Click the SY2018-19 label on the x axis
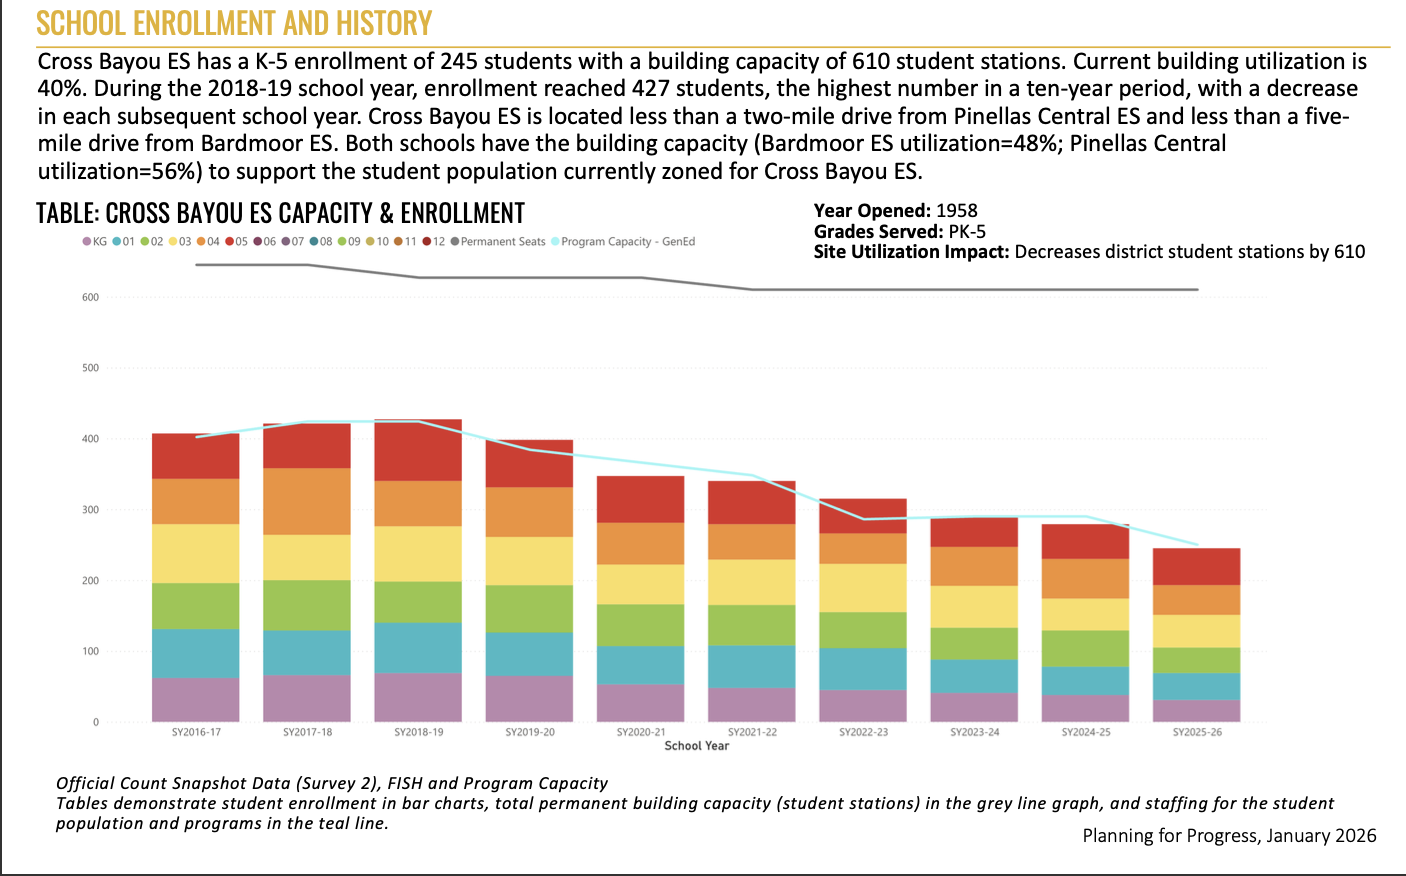(x=418, y=732)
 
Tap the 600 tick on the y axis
(x=91, y=297)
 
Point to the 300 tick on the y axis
(x=91, y=510)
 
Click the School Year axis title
(x=697, y=746)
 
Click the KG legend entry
(x=95, y=242)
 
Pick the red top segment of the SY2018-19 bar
(x=418, y=450)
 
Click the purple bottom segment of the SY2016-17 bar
(x=196, y=699)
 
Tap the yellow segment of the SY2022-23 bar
(x=863, y=587)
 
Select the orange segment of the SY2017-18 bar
(x=307, y=501)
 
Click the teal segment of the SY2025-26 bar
(x=1197, y=686)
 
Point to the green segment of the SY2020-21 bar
(x=641, y=625)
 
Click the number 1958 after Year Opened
(x=956, y=211)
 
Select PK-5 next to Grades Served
(x=967, y=231)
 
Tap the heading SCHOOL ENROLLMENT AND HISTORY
(x=234, y=23)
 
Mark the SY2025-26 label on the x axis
(x=1197, y=732)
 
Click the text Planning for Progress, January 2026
(x=1229, y=836)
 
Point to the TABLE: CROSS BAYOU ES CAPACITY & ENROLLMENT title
(x=280, y=213)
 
